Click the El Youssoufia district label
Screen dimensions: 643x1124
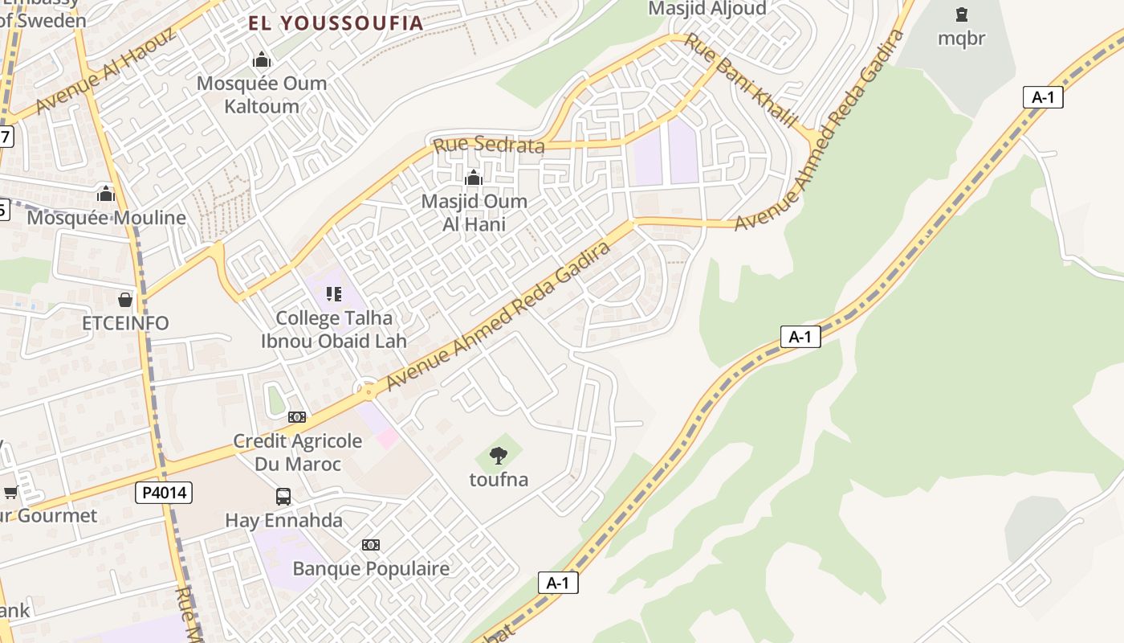pyautogui.click(x=335, y=23)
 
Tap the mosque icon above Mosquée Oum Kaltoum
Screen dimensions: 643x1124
pyautogui.click(x=261, y=59)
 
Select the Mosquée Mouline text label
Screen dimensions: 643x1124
pyautogui.click(x=106, y=218)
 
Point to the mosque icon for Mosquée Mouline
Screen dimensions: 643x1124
pyautogui.click(x=105, y=194)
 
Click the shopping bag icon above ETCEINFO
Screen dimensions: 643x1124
pyautogui.click(x=125, y=300)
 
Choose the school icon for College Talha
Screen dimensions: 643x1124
pyautogui.click(x=334, y=294)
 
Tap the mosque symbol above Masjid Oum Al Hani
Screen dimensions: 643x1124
pyautogui.click(x=474, y=178)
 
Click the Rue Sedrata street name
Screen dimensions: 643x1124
pyautogui.click(x=488, y=145)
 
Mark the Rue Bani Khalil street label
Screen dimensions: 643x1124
pyautogui.click(x=739, y=80)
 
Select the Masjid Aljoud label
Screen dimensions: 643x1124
pyautogui.click(x=707, y=9)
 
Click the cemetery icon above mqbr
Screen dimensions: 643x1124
pyautogui.click(x=961, y=14)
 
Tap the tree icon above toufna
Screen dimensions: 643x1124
pyautogui.click(x=499, y=456)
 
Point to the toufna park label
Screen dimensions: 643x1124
pyautogui.click(x=499, y=480)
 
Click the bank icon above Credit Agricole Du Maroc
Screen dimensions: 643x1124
pyautogui.click(x=297, y=416)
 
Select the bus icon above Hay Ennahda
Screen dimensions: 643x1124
pyautogui.click(x=283, y=496)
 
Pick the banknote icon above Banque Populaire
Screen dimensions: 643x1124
pyautogui.click(x=370, y=545)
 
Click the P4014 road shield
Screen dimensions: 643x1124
pyautogui.click(x=164, y=492)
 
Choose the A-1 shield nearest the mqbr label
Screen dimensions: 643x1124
pyautogui.click(x=1043, y=98)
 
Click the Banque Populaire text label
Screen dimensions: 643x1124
pyautogui.click(x=371, y=569)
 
